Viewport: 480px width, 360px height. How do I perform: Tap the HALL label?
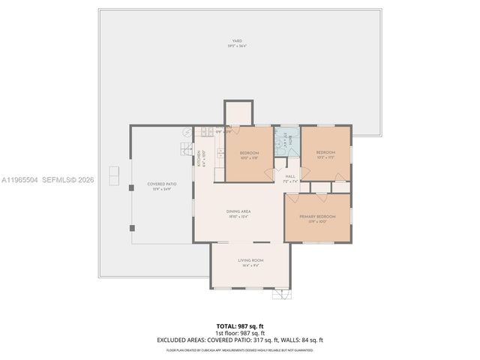290,178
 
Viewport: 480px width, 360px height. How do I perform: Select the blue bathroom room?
286,141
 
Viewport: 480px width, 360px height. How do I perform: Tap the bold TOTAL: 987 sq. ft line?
239,326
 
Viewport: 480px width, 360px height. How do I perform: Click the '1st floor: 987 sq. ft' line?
239,333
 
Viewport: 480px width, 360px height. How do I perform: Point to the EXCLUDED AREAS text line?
239,340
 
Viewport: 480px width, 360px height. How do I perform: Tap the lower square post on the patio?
131,226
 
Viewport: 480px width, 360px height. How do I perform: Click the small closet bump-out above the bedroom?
239,112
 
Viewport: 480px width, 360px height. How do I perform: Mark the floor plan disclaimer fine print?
239,349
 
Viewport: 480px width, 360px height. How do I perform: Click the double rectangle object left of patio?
113,175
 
